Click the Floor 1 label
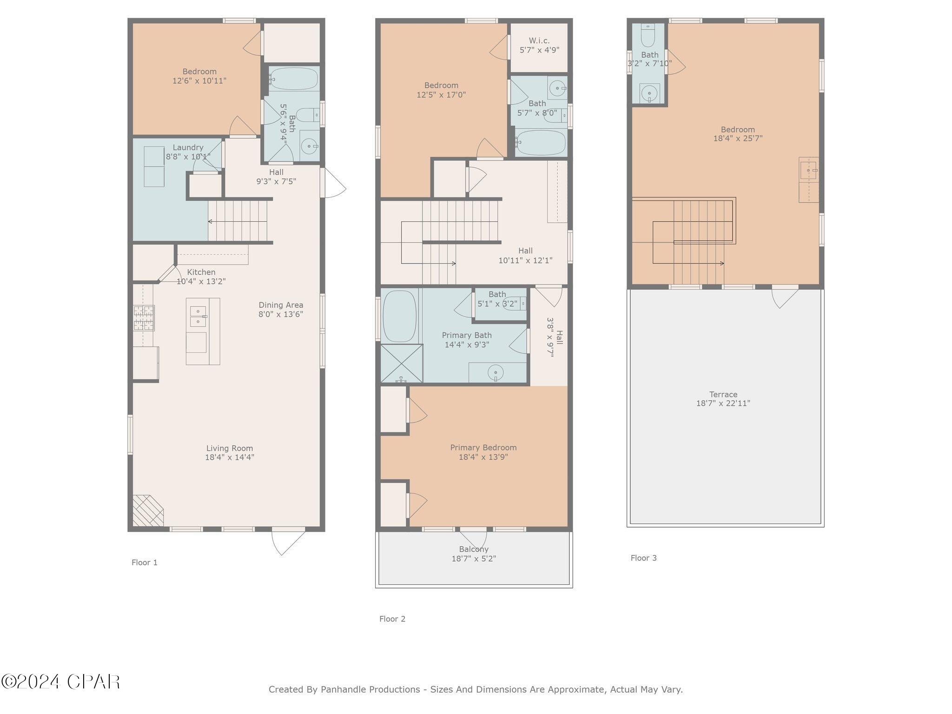pos(145,562)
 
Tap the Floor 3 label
pos(643,558)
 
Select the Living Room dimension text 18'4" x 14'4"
pos(230,457)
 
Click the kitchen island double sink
pos(198,316)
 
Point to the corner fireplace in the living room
pos(147,511)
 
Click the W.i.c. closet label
pos(539,41)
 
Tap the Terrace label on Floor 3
pos(723,394)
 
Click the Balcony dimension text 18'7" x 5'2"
pos(474,559)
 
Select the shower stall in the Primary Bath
pos(402,364)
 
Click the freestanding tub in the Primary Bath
pos(399,316)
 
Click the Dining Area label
pos(281,305)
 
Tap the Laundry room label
pos(188,147)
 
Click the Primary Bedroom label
pos(483,448)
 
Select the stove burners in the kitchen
pos(144,318)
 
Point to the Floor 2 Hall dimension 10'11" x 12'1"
pos(525,260)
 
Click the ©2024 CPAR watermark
pos(60,682)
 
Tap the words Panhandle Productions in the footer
pos(370,689)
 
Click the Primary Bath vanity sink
pos(496,372)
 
